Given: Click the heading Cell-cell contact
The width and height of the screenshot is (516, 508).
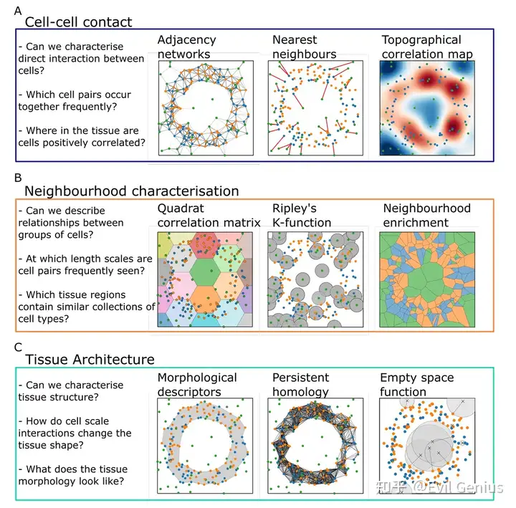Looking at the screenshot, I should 78,22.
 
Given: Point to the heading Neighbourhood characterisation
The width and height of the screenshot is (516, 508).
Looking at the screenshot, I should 132,191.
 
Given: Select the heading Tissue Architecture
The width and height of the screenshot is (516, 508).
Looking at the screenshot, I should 90,360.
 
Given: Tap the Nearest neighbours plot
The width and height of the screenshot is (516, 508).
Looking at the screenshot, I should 315,107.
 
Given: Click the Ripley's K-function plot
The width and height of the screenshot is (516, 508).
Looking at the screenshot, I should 315,277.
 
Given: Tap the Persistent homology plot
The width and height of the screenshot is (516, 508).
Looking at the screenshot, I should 315,446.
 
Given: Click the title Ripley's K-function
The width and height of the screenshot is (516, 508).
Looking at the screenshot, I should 302,215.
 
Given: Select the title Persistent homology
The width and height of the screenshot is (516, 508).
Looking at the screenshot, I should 301,384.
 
